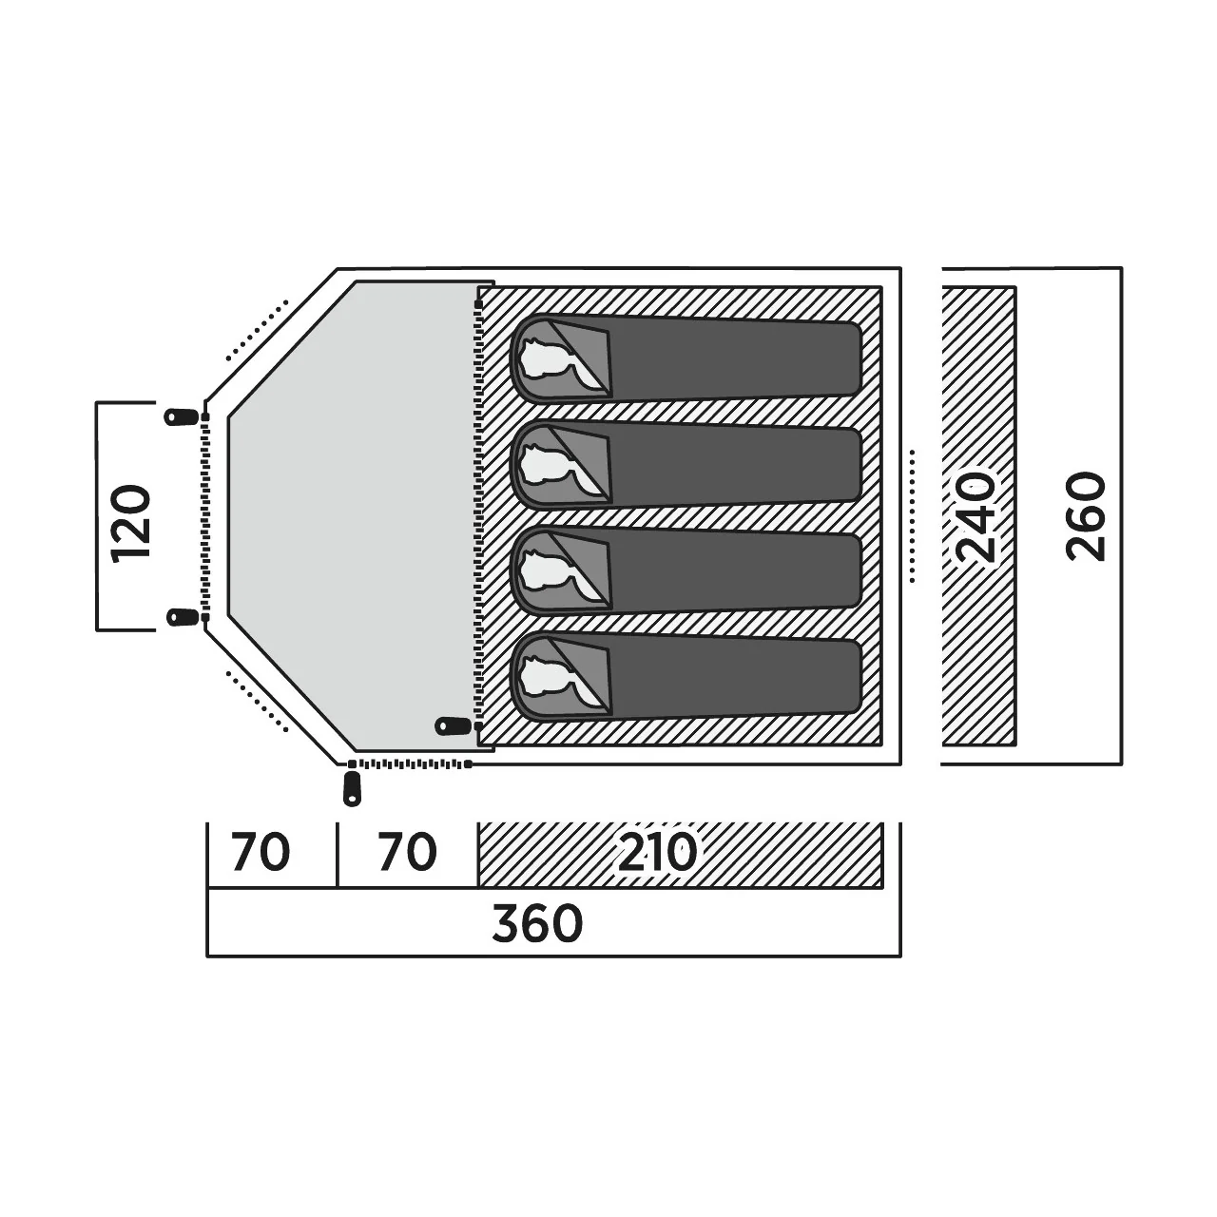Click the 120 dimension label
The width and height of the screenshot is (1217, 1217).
click(x=131, y=522)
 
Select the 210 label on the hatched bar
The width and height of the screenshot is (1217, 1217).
click(x=657, y=853)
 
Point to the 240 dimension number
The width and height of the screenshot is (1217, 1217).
click(x=976, y=516)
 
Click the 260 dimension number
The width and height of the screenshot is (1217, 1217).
click(x=1086, y=516)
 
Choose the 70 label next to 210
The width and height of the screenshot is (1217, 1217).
click(x=407, y=853)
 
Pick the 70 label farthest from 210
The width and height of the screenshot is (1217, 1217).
click(x=261, y=853)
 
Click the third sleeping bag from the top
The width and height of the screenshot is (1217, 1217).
click(x=686, y=572)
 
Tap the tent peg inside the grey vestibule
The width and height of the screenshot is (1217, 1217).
click(x=454, y=725)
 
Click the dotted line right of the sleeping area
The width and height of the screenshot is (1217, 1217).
click(x=913, y=516)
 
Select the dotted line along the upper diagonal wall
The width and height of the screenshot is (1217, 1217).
click(x=257, y=330)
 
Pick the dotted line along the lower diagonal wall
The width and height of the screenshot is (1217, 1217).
click(x=257, y=702)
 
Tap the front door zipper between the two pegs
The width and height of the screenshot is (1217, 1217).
click(x=204, y=516)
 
